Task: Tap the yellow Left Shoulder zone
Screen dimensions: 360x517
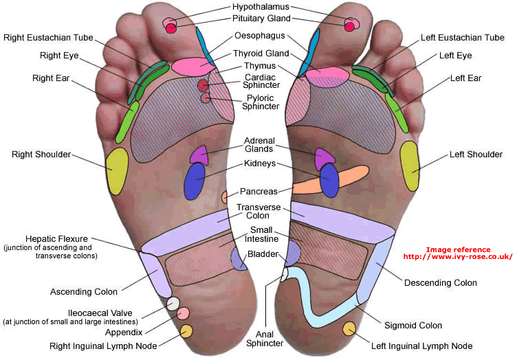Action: (x=410, y=166)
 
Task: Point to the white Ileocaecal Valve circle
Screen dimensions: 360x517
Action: (x=173, y=303)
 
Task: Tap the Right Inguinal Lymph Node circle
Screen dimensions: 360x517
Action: (x=186, y=331)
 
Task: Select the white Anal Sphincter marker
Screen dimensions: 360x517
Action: (x=283, y=275)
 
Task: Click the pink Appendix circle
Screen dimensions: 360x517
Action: (x=183, y=314)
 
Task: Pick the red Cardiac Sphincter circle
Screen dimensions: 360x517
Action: (x=203, y=86)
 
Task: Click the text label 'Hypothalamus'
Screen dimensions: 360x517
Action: (x=261, y=7)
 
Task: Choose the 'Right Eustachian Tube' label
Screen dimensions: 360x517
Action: (x=48, y=37)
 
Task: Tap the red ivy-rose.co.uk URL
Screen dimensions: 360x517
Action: (x=458, y=257)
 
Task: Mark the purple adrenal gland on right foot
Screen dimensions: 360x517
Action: (x=198, y=155)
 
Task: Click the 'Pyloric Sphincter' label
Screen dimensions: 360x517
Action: (x=262, y=102)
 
